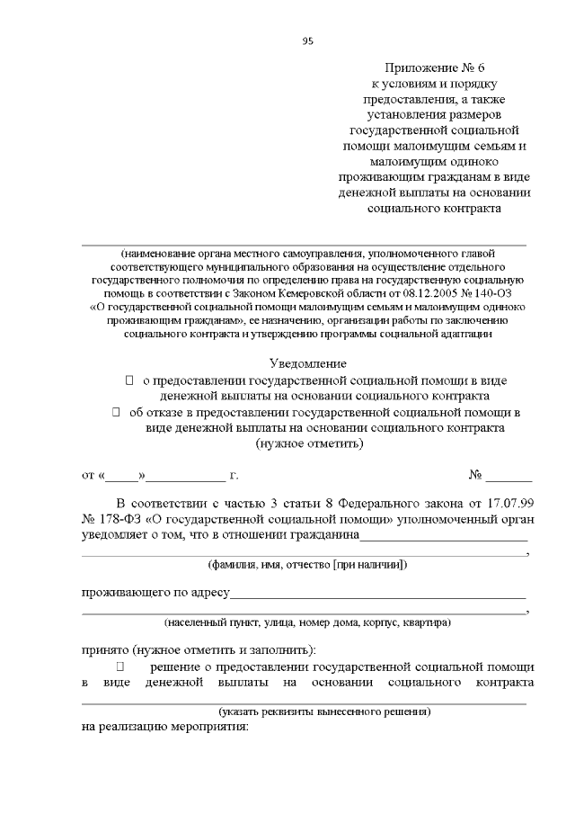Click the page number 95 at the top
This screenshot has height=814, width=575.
(307, 40)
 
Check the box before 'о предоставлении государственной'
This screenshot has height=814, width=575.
(128, 380)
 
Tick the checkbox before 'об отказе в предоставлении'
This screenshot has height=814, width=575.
(116, 412)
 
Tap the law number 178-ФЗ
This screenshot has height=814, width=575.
(120, 519)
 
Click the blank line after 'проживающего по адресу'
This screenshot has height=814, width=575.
(378, 593)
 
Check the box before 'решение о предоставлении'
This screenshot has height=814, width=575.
(119, 666)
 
